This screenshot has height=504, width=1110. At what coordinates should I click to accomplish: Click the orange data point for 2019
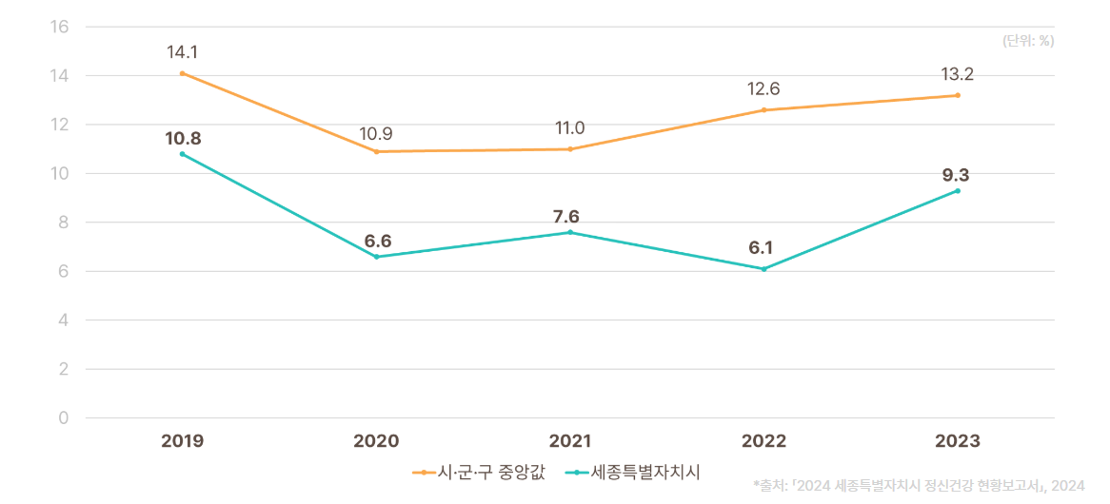183,73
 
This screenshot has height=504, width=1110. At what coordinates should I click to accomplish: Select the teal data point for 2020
376,257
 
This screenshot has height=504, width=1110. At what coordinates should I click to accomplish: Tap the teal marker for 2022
763,269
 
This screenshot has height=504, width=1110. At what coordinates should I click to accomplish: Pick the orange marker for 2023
958,95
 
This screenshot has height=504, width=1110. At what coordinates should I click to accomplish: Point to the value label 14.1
182,52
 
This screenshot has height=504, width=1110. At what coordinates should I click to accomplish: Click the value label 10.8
183,139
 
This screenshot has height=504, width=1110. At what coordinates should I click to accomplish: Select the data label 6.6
376,241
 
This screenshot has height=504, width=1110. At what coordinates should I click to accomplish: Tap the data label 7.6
566,216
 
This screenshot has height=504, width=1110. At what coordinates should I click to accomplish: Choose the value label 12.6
763,89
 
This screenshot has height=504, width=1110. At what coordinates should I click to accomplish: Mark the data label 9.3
956,175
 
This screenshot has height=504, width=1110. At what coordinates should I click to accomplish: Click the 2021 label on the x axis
570,441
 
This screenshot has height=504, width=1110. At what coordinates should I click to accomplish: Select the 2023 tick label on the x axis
957,441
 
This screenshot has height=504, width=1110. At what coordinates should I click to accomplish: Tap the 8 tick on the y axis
64,223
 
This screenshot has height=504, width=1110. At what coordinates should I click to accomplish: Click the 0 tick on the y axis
65,417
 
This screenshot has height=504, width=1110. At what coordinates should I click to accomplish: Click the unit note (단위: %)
1028,41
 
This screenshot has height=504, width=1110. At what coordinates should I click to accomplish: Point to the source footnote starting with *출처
918,485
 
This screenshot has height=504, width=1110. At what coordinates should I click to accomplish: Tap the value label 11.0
570,128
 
